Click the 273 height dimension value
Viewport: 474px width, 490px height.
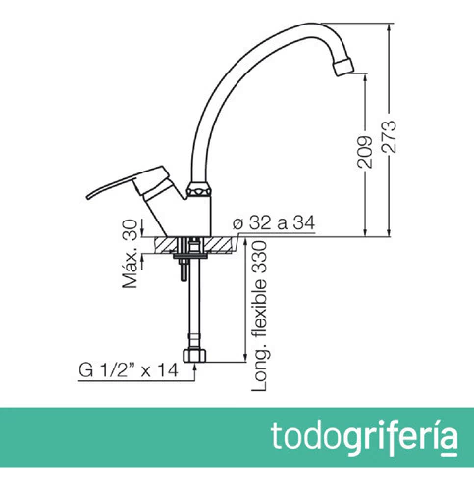(389, 137)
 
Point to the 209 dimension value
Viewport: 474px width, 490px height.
(365, 152)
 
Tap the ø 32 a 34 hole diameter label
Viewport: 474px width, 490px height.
(274, 223)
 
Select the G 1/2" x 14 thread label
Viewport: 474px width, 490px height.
(129, 370)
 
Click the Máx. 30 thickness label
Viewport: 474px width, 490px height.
(130, 254)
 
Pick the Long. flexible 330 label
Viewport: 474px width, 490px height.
(259, 316)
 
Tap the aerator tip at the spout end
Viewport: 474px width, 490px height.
(343, 67)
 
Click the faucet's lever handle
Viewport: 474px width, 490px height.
(128, 182)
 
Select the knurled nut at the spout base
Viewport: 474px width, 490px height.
(199, 190)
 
